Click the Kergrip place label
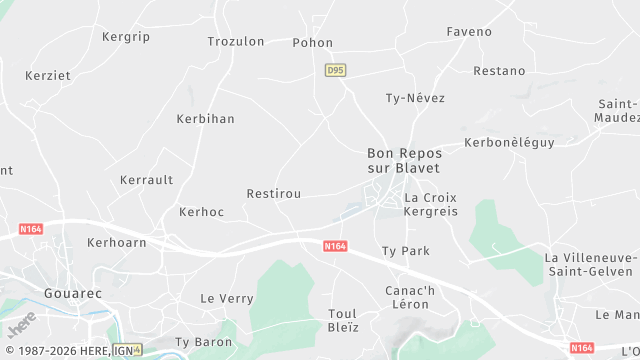[x=125, y=37]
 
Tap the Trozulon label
[x=235, y=42]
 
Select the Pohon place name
[x=312, y=43]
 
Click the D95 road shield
[x=335, y=70]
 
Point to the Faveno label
[x=469, y=32]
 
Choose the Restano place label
[x=499, y=71]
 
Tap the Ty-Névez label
[x=415, y=98]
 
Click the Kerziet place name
[x=48, y=76]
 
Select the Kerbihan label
[x=205, y=119]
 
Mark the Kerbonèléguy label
[x=509, y=143]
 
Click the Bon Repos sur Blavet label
[x=404, y=160]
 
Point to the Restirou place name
[x=273, y=193]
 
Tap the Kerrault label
[x=146, y=180]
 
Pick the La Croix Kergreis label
[x=431, y=205]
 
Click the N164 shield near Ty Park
[x=335, y=245]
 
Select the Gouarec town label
[x=73, y=293]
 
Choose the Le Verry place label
[x=227, y=298]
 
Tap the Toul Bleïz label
[x=343, y=320]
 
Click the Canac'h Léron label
[x=410, y=297]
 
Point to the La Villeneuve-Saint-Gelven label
[x=589, y=264]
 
